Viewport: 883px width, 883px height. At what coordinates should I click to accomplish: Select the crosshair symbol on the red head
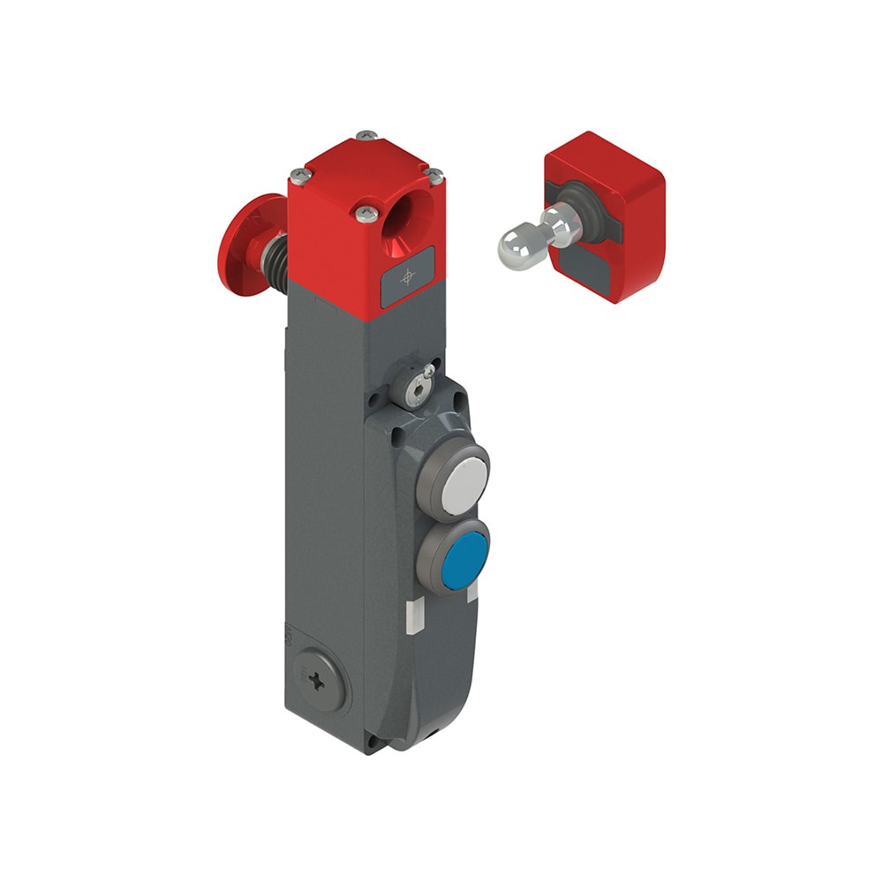point(407,278)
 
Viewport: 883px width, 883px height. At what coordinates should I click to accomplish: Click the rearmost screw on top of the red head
point(366,136)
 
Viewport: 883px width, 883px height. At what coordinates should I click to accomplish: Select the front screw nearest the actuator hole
point(366,212)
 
